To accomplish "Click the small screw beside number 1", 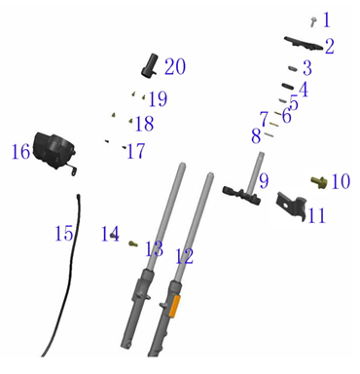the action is tap(313, 21).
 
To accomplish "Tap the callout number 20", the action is tap(175, 67).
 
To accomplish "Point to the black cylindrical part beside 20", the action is tap(149, 65).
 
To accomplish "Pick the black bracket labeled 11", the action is tap(291, 206).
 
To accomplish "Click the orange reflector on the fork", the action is tap(174, 305).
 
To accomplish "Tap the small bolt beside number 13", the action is tap(133, 243).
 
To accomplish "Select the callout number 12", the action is tap(184, 256).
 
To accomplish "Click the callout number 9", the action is tap(264, 181).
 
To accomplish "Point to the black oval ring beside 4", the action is tap(288, 86).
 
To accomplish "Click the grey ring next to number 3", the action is tap(293, 69).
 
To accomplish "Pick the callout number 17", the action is tap(136, 151).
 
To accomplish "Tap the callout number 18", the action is tap(144, 124).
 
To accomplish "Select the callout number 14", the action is tap(110, 234).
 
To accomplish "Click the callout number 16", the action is tap(20, 152).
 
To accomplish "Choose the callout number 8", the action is tap(256, 136).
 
